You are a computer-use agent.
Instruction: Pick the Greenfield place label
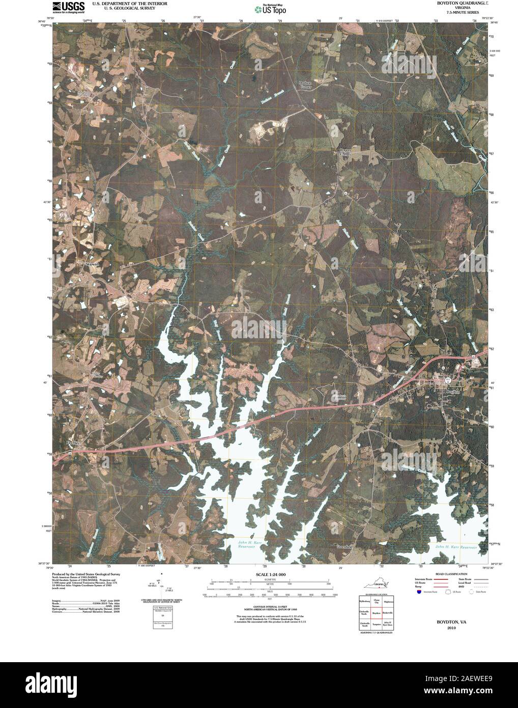344,547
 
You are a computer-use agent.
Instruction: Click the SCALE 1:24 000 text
270,575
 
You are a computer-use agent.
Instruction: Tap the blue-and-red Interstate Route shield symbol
418,592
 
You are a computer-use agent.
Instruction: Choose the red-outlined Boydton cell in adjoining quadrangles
377,613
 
